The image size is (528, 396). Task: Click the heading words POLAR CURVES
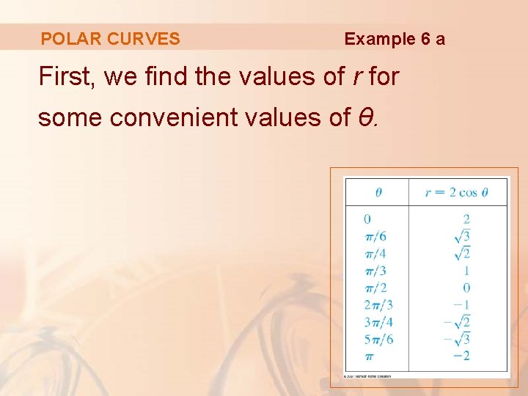click(110, 39)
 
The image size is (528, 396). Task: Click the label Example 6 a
click(395, 39)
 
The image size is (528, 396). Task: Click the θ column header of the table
click(378, 193)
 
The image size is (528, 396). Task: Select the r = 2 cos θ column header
click(456, 193)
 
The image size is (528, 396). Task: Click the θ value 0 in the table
click(367, 219)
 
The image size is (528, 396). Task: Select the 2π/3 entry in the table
click(378, 304)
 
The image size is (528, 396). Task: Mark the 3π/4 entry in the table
click(378, 322)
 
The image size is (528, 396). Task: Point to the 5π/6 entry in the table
click(378, 339)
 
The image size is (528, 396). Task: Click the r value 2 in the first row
click(466, 219)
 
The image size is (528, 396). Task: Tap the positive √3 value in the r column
click(463, 235)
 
